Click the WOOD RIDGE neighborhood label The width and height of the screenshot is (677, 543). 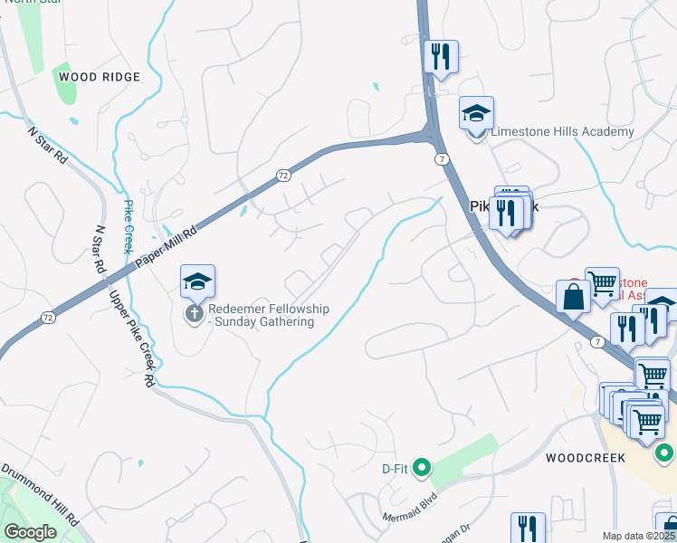(100, 77)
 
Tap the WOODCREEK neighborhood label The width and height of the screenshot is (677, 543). (586, 458)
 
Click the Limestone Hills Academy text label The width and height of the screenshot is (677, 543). (562, 132)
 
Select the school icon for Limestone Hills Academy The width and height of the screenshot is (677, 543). (476, 114)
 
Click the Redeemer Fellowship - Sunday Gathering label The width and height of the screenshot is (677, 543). (268, 315)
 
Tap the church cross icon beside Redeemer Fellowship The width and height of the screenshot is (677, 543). (194, 314)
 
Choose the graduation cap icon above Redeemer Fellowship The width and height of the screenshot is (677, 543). (197, 281)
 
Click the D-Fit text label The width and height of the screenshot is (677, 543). (395, 469)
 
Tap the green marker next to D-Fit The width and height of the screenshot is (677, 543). (421, 468)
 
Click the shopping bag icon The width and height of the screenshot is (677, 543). (574, 297)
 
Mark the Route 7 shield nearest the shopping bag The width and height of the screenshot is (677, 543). (597, 341)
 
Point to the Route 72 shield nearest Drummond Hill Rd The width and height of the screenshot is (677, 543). (47, 317)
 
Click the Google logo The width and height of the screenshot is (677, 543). (31, 532)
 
